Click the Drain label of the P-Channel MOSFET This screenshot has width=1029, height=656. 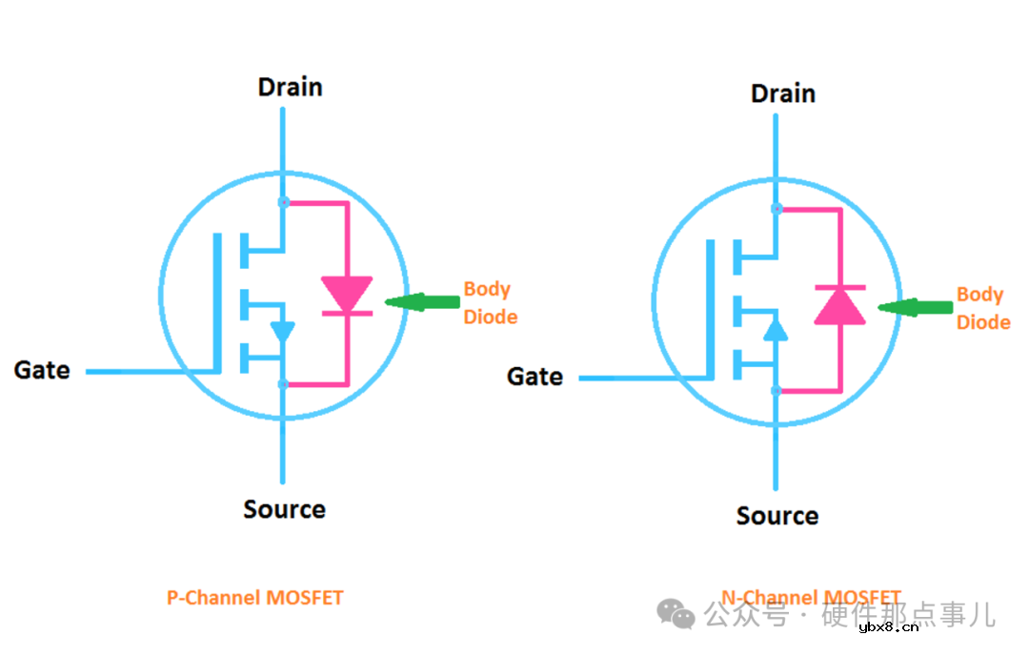point(291,87)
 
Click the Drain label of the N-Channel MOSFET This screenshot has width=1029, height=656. point(783,93)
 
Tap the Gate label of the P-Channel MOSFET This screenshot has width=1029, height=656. point(42,370)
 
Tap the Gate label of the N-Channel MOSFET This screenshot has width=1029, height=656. point(535,377)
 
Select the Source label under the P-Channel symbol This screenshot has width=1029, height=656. point(284,509)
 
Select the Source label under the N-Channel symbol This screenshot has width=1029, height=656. point(777,516)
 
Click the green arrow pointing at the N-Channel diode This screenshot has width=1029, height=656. point(914,307)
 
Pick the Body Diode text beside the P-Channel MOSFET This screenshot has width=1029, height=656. point(490,302)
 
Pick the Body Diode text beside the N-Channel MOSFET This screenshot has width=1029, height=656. point(982,308)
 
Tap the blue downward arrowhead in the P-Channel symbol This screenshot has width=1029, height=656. point(283,332)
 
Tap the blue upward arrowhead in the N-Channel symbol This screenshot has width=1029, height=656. point(777,330)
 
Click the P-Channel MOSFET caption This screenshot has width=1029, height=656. point(254,598)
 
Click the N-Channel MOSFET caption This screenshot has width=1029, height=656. point(810,598)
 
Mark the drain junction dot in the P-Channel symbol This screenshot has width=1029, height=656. point(283,202)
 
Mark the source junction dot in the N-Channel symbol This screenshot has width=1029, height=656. point(777,390)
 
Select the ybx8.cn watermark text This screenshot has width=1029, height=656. point(888,626)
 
